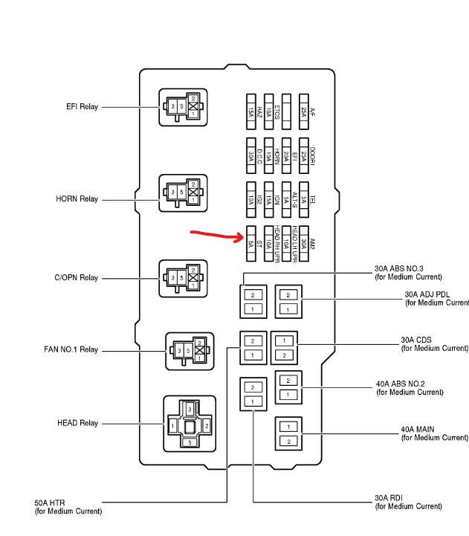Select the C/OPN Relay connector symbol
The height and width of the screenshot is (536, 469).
pos(183,278)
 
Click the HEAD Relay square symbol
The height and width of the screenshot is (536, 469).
pos(189,424)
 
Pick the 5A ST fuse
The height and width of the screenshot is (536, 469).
pos(251,243)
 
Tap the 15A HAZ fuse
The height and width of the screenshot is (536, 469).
pos(251,112)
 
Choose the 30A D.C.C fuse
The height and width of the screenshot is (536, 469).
pos(251,155)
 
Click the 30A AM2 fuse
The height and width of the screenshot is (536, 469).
pos(304,243)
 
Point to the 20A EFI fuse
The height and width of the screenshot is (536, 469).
pos(287,155)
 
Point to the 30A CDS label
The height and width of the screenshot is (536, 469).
pos(416,340)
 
